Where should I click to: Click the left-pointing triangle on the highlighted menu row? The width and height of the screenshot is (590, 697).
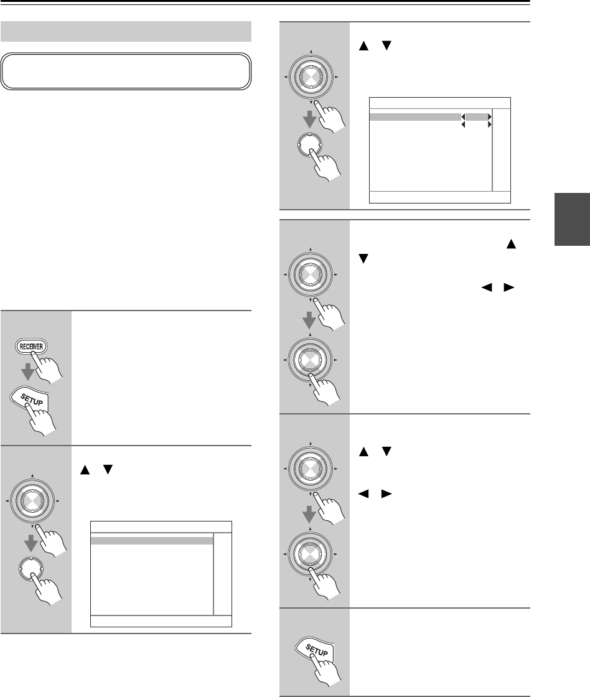pos(462,116)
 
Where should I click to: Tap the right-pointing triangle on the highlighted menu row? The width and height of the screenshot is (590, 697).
pos(490,116)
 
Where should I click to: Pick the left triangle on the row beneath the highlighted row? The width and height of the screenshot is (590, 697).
pos(462,125)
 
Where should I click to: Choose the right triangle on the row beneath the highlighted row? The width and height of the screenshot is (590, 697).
pos(490,125)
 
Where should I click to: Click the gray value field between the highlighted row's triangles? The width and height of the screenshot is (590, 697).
pos(476,116)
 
